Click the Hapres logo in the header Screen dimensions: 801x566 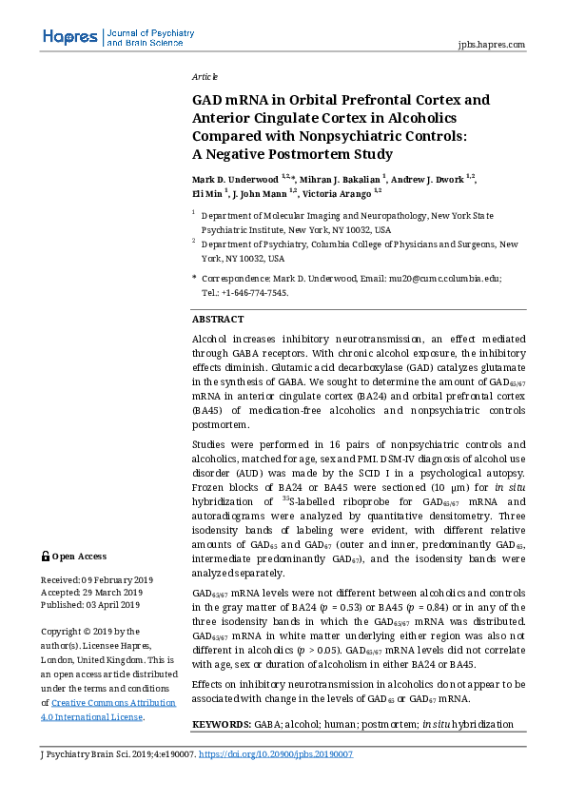pos(69,37)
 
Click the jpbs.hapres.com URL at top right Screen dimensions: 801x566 pos(491,44)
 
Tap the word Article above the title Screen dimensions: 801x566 pos(205,76)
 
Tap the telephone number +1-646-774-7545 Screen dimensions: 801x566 pos(255,293)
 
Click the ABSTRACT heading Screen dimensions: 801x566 pos(218,320)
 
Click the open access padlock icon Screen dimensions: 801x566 pos(45,557)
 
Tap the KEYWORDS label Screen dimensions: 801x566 pos(222,725)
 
